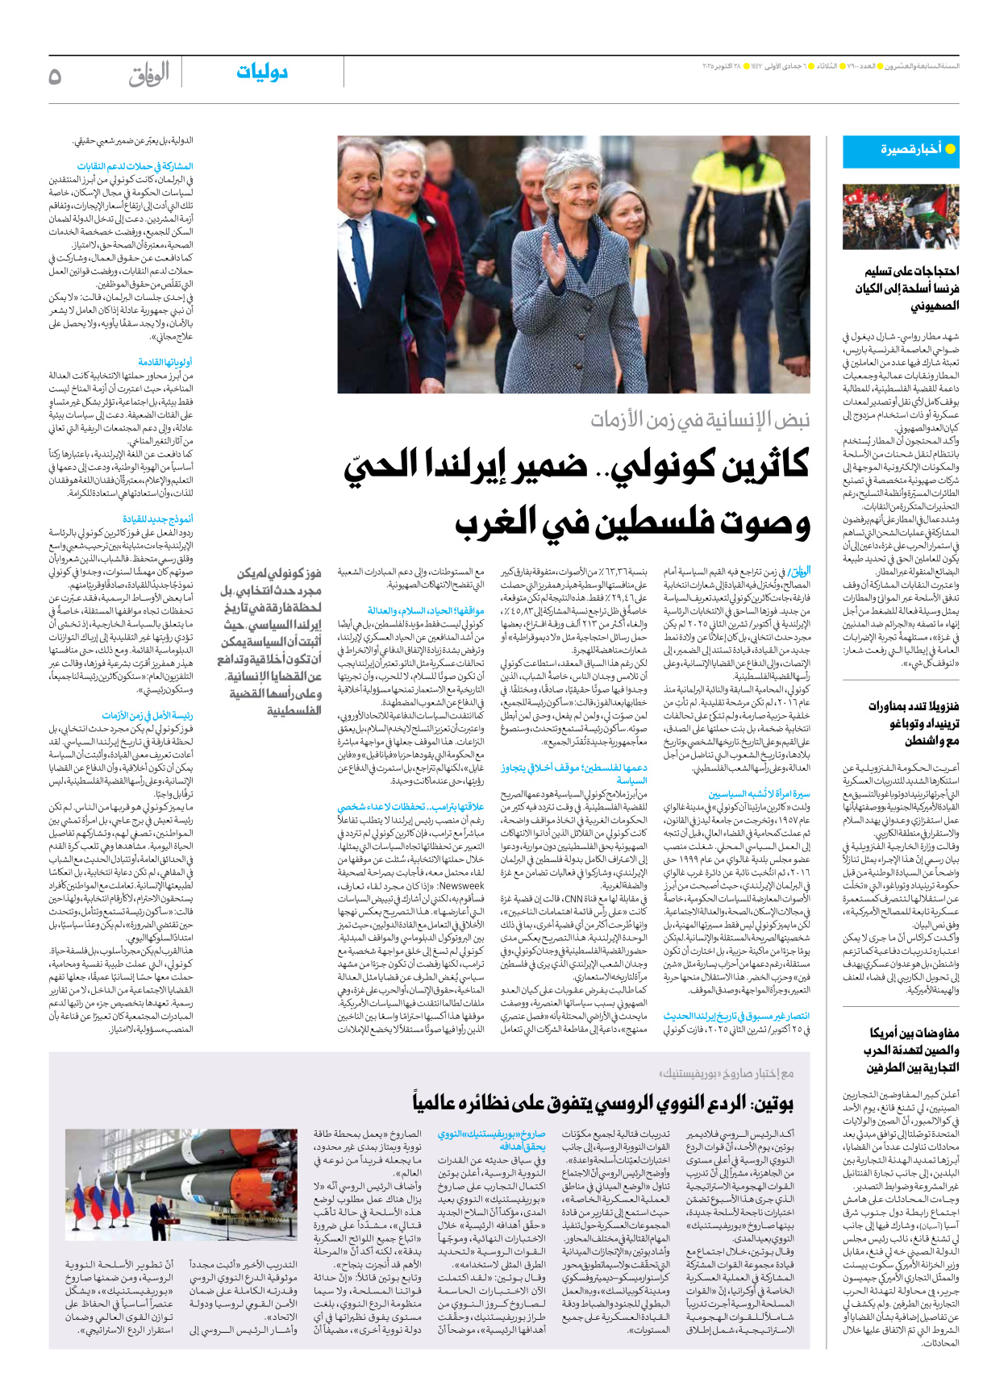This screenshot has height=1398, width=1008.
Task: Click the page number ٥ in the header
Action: point(55,76)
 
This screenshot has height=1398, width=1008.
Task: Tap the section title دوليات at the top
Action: point(262,73)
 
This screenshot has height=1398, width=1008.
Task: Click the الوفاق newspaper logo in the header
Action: point(148,75)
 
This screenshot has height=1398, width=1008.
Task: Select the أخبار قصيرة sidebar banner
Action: point(901,151)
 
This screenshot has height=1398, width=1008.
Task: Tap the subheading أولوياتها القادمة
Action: point(165,363)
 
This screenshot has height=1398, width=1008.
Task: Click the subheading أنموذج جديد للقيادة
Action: point(158,519)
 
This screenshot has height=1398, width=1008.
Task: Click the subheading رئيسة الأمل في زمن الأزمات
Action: point(148,715)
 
